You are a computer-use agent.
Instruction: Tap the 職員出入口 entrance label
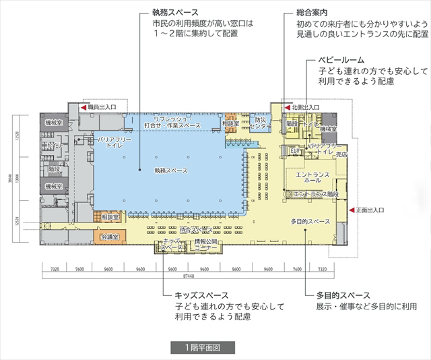[102, 107]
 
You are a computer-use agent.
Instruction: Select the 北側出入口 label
[305, 107]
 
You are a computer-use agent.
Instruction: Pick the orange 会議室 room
[110, 237]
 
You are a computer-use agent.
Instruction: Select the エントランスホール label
[312, 178]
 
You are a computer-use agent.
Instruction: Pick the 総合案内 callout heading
[312, 11]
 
